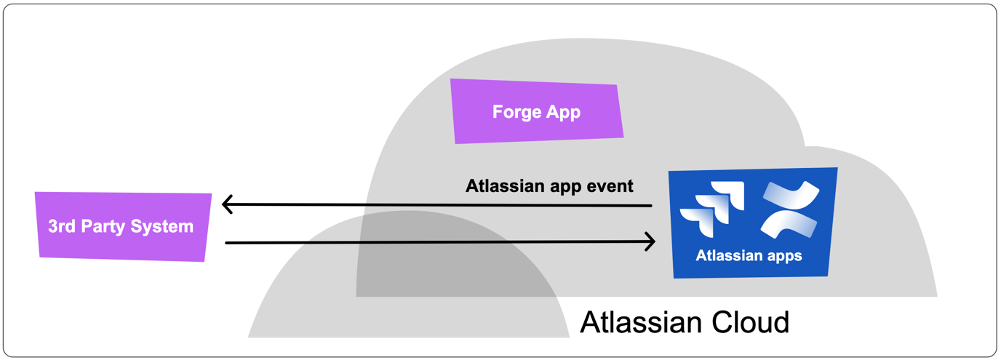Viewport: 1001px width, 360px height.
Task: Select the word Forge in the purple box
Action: tap(517, 112)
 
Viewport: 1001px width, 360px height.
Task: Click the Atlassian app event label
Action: tap(549, 185)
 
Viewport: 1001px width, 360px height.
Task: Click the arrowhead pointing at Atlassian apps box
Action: tap(650, 242)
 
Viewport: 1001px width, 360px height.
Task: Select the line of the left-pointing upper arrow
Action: tap(436, 205)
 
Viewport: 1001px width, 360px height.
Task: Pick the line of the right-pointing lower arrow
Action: tap(436, 242)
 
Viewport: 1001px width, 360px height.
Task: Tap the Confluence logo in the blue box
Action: tap(790, 209)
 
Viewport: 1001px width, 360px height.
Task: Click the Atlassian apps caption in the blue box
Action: tap(749, 256)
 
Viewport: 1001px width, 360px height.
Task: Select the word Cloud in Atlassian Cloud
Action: tap(749, 321)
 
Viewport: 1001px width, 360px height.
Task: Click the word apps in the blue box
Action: tap(783, 257)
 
